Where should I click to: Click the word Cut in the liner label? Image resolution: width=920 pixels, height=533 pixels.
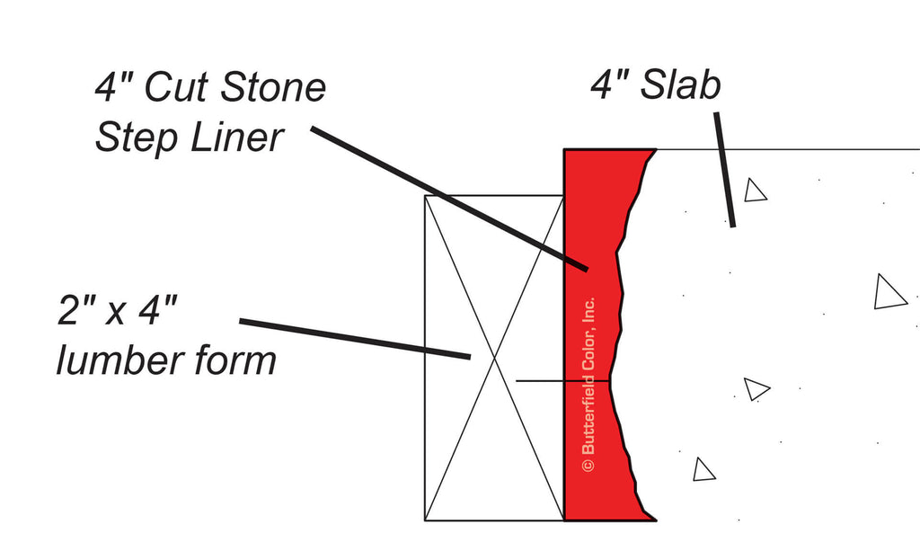175,87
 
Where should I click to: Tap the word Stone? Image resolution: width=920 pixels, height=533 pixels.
273,87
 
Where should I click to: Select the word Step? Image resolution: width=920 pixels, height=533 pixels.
133,138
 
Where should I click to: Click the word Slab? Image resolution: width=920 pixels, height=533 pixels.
681,84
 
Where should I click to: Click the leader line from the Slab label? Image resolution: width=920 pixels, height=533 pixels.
725,170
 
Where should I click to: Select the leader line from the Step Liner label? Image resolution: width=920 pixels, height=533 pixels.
449,199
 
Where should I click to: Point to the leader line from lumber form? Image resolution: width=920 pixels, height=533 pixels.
355,339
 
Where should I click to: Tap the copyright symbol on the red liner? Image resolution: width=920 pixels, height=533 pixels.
588,465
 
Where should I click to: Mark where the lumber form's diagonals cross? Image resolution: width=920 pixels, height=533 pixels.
494,358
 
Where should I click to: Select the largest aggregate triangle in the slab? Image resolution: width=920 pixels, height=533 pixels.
889,293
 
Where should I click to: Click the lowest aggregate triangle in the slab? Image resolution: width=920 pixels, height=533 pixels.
703,470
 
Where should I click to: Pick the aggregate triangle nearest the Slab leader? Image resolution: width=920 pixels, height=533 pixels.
755,191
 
